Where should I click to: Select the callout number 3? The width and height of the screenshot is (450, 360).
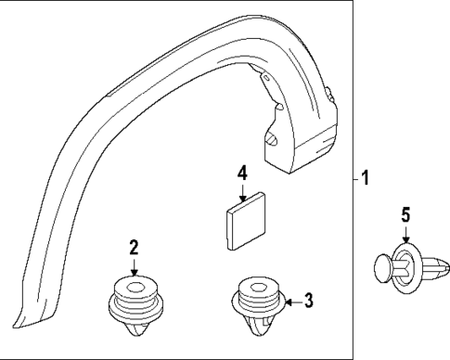tap(309, 300)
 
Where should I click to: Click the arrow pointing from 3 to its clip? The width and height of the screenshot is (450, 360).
tap(289, 301)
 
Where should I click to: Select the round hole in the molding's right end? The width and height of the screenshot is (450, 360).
tap(274, 139)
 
